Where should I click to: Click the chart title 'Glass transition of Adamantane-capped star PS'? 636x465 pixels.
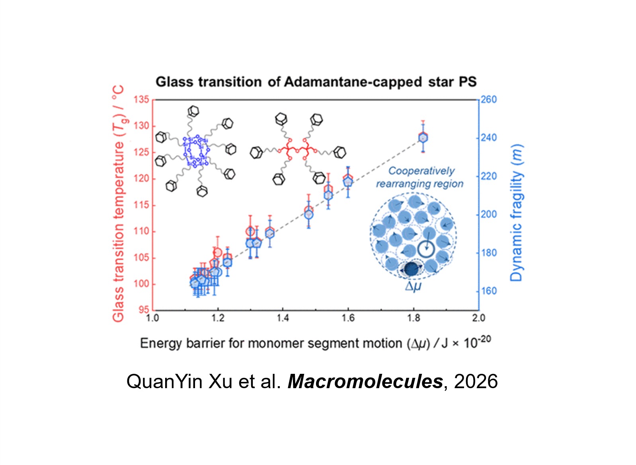[x=316, y=82]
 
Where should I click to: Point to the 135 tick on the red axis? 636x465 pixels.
[x=141, y=100]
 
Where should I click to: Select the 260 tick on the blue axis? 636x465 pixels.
[x=489, y=100]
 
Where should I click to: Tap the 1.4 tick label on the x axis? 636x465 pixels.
[x=283, y=318]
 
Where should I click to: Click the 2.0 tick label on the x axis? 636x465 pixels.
[x=478, y=318]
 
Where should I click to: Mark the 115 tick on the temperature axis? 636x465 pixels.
[x=141, y=205]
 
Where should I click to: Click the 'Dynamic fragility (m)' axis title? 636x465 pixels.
[x=517, y=213]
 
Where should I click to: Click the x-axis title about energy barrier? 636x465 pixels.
[x=315, y=343]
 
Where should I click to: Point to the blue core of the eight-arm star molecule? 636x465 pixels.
[x=196, y=151]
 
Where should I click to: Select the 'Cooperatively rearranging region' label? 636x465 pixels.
[x=420, y=177]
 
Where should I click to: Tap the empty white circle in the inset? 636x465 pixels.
[x=426, y=250]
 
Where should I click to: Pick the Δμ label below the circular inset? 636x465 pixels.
[x=413, y=286]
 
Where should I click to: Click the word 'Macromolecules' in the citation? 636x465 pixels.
[x=365, y=381]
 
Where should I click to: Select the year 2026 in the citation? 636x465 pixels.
[x=476, y=381]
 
